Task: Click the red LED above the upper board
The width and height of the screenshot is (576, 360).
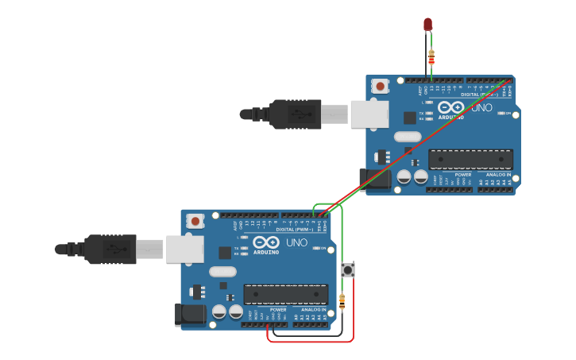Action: pyautogui.click(x=428, y=25)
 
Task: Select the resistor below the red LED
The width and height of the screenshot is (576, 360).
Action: pyautogui.click(x=431, y=56)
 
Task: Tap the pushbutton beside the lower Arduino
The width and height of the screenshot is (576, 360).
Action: pyautogui.click(x=348, y=270)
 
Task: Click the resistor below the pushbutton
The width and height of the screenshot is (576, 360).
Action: pyautogui.click(x=342, y=302)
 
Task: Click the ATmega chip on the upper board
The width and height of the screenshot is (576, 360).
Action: pyautogui.click(x=470, y=159)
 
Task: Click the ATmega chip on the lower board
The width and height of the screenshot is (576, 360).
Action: pyautogui.click(x=285, y=294)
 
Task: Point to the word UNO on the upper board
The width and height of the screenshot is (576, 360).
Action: pyautogui.click(x=481, y=107)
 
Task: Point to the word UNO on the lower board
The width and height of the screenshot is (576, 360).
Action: pyautogui.click(x=296, y=242)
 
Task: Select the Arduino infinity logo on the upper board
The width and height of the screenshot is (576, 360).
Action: pyautogui.click(x=451, y=106)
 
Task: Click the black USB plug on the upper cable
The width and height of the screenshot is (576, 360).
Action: pyautogui.click(x=294, y=114)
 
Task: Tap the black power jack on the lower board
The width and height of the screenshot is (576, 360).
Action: pyautogui.click(x=191, y=314)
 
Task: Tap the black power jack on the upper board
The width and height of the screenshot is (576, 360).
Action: pyautogui.click(x=375, y=180)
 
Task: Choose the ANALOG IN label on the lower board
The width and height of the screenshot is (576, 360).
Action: pyautogui.click(x=313, y=309)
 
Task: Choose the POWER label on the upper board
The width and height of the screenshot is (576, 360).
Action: pyautogui.click(x=463, y=175)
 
